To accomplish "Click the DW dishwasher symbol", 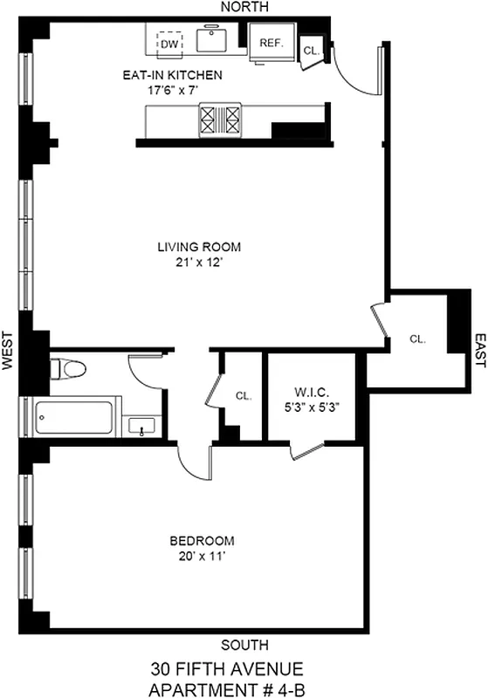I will [169, 42].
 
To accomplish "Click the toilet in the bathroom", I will [69, 371].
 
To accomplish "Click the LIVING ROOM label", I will [198, 247].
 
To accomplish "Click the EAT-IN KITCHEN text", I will [172, 75].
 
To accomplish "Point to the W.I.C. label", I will [310, 392].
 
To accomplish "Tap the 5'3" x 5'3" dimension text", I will [310, 406].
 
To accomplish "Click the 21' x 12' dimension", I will [198, 261].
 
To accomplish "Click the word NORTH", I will [244, 7].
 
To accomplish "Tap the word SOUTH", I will [244, 645].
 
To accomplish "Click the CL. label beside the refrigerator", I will [312, 51].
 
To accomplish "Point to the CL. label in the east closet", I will [417, 339].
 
